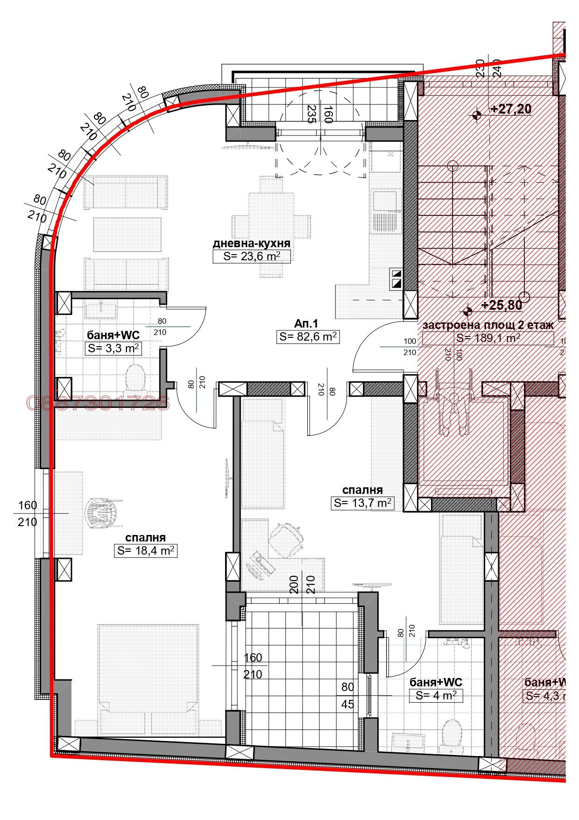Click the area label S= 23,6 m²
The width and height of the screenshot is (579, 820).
point(251,257)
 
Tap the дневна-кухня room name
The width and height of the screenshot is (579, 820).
point(251,243)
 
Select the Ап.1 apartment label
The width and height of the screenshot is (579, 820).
point(306,323)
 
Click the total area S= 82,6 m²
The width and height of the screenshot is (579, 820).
point(308,336)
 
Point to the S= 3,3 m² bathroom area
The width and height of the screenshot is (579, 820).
point(113,348)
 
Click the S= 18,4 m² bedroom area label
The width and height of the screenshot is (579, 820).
point(145,550)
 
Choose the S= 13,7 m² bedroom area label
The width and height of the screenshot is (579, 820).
point(362,503)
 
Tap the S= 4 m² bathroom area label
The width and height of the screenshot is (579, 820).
point(436,695)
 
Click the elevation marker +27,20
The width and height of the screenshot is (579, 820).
point(511,109)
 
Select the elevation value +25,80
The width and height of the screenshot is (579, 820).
point(501,305)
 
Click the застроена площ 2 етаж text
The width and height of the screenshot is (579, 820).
point(488,325)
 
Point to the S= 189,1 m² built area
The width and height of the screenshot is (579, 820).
point(488,338)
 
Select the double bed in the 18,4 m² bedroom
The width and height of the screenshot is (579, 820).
point(148,677)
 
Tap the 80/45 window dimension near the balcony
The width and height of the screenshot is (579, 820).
point(347,696)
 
